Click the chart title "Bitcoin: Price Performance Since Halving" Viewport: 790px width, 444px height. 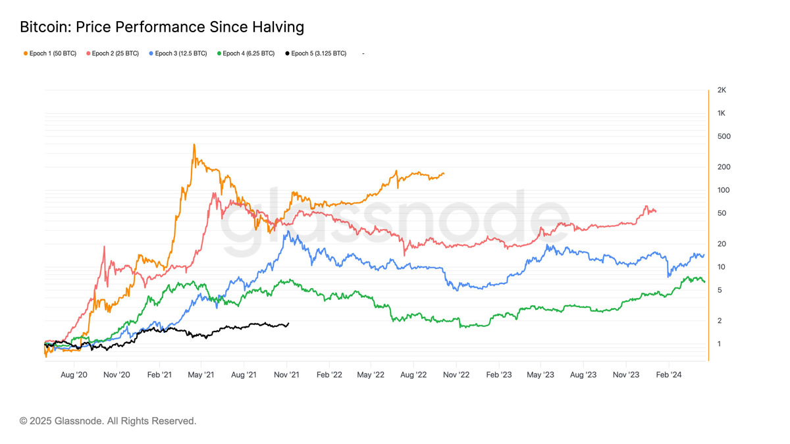(x=162, y=27)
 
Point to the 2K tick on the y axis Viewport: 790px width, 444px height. (x=722, y=90)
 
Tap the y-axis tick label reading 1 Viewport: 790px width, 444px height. (x=719, y=344)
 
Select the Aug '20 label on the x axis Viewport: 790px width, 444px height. (x=74, y=375)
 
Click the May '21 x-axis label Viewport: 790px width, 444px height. (x=201, y=375)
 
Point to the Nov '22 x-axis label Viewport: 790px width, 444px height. (x=456, y=375)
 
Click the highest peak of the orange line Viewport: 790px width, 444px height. (x=194, y=144)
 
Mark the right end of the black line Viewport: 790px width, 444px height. (x=288, y=323)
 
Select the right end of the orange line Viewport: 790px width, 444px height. (x=444, y=174)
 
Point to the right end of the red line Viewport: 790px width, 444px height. (x=655, y=211)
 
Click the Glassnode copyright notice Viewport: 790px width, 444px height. (x=108, y=421)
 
